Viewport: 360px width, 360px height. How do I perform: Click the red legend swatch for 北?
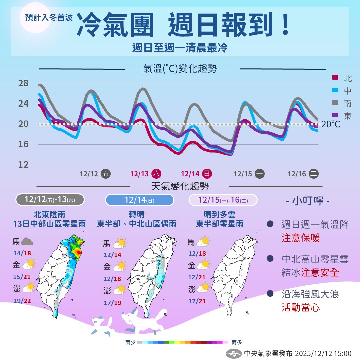[335, 78]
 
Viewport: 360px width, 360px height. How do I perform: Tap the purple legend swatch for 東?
[335, 115]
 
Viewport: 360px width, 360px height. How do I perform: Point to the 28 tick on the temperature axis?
[23, 83]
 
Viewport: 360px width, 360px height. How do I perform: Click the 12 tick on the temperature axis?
[23, 164]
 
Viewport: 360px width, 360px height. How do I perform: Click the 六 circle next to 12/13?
[156, 174]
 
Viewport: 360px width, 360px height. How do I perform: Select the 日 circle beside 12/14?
[207, 174]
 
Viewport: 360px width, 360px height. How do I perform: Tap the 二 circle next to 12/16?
[313, 174]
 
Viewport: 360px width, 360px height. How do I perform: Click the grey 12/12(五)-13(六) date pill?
[50, 200]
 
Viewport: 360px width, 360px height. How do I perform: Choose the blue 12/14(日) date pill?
[140, 200]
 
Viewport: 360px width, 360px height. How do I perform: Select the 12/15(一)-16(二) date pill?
[223, 200]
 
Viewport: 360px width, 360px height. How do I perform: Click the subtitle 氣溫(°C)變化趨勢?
[180, 69]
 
